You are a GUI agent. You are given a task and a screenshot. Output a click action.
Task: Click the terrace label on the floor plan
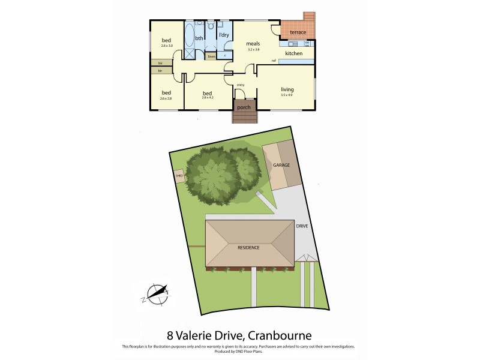[x=298, y=32]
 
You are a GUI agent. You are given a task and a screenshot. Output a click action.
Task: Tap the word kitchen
[x=293, y=54]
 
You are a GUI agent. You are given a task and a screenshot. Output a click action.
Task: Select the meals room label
[x=253, y=44]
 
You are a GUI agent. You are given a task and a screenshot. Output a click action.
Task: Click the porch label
[x=244, y=107]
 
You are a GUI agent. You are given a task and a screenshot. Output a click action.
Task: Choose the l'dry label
[x=224, y=35]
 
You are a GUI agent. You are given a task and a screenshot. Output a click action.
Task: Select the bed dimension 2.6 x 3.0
[x=166, y=46]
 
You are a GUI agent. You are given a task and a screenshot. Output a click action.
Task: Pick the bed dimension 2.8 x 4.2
[x=208, y=99]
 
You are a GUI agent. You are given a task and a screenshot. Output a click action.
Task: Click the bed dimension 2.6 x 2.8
[x=166, y=98]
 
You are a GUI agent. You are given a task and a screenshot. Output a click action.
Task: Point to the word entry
[x=241, y=85]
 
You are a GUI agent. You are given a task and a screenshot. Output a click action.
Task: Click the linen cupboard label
[x=211, y=56]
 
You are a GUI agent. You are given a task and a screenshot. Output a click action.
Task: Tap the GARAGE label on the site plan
[x=281, y=164]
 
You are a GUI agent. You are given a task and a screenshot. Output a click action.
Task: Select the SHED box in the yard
[x=179, y=176]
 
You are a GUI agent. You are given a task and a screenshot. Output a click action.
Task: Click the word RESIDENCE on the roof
[x=249, y=247]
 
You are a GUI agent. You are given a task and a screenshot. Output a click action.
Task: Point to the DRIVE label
[x=302, y=227]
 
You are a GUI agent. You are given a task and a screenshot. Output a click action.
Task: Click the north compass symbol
[x=157, y=293]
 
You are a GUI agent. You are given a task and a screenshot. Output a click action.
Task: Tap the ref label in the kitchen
[x=274, y=61]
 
